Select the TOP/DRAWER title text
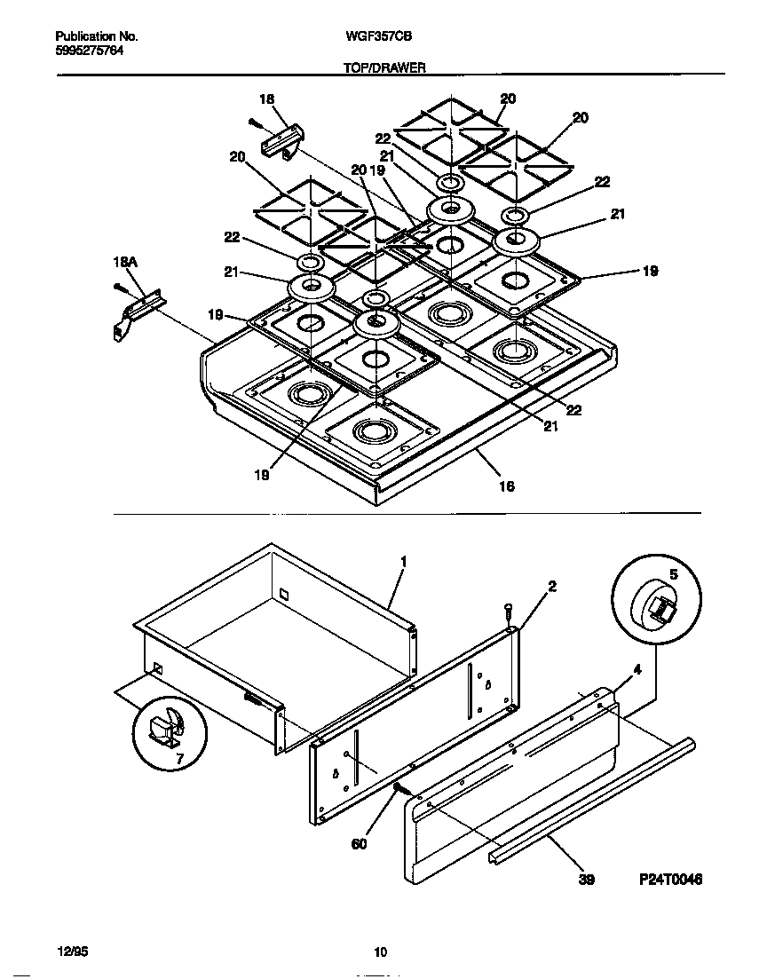coord(383,67)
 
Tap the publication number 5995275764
coord(89,51)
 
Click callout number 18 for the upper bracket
coord(266,99)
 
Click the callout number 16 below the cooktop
coord(506,486)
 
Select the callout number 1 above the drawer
coord(403,562)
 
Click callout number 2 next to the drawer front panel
coord(551,586)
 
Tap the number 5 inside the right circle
coord(673,574)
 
